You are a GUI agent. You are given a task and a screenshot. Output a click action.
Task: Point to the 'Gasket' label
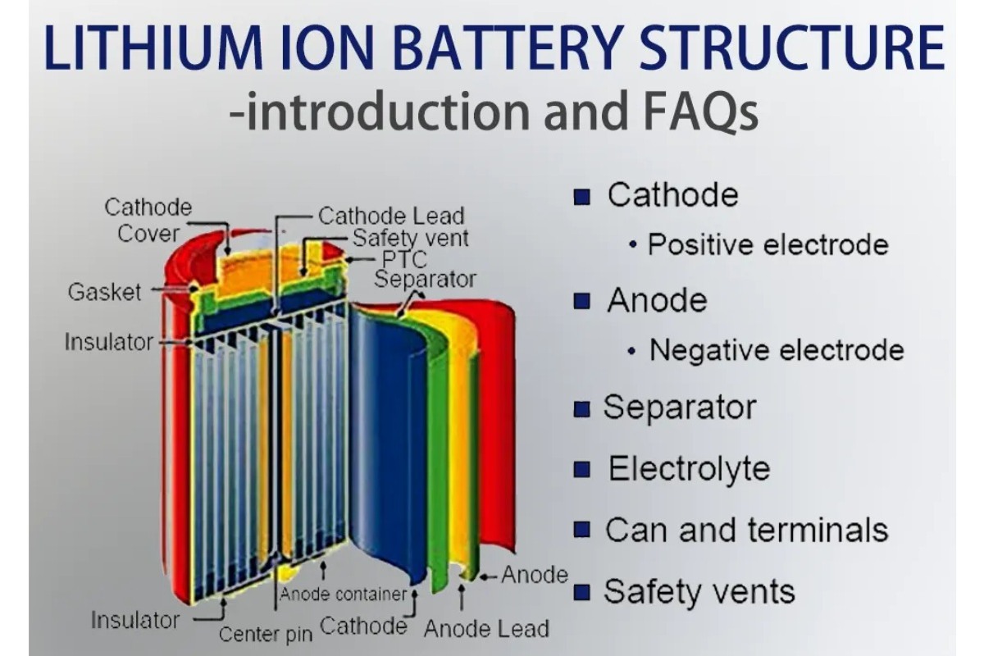click(x=104, y=292)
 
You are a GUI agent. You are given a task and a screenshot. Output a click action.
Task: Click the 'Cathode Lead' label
click(x=391, y=216)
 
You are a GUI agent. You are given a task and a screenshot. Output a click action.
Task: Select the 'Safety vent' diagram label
click(x=410, y=238)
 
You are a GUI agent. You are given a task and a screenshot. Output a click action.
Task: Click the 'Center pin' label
click(x=265, y=634)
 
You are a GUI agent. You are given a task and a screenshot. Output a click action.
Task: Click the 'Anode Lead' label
click(x=486, y=630)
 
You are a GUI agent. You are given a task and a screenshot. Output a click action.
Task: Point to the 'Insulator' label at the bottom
click(x=134, y=619)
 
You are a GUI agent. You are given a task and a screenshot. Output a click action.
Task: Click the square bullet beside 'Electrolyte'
click(x=582, y=470)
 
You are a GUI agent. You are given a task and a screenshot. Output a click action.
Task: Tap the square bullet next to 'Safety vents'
click(x=582, y=592)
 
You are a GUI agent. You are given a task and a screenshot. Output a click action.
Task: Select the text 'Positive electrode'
click(x=768, y=244)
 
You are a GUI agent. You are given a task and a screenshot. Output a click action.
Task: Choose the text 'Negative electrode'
click(x=776, y=350)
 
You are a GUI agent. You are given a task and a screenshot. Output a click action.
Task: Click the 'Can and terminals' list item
click(x=746, y=530)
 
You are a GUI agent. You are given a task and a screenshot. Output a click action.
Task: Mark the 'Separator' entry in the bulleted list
click(x=680, y=408)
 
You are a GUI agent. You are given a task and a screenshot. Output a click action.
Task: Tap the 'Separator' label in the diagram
click(x=425, y=279)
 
